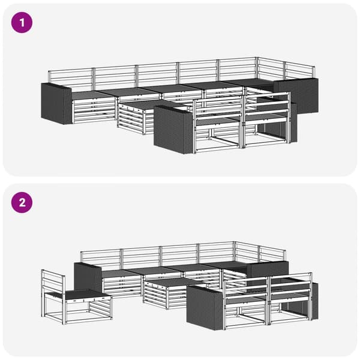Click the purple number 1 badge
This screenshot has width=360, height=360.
coord(22,23)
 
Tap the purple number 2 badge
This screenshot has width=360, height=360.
coord(22,203)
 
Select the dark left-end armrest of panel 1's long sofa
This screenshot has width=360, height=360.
coord(56,104)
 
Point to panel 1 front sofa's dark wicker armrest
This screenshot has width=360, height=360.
coord(173,130)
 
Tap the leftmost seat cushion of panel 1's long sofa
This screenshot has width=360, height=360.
coord(93,95)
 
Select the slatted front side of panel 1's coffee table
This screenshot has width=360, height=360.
coord(130,119)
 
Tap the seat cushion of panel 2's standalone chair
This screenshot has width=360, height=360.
coord(85,294)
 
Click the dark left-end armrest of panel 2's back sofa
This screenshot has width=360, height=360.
coord(88,278)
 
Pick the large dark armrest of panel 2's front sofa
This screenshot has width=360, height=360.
coord(205,308)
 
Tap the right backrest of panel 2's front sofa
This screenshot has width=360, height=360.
coord(290,284)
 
